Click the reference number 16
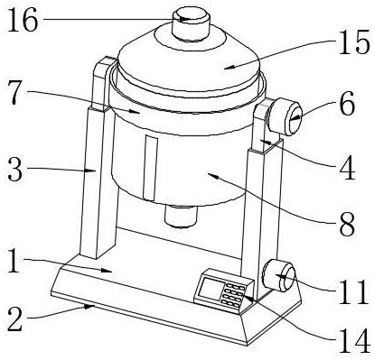tap(23, 20)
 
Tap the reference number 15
tap(354, 42)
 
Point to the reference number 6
tap(347, 106)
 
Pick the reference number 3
tap(15, 170)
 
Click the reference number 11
tap(353, 291)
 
